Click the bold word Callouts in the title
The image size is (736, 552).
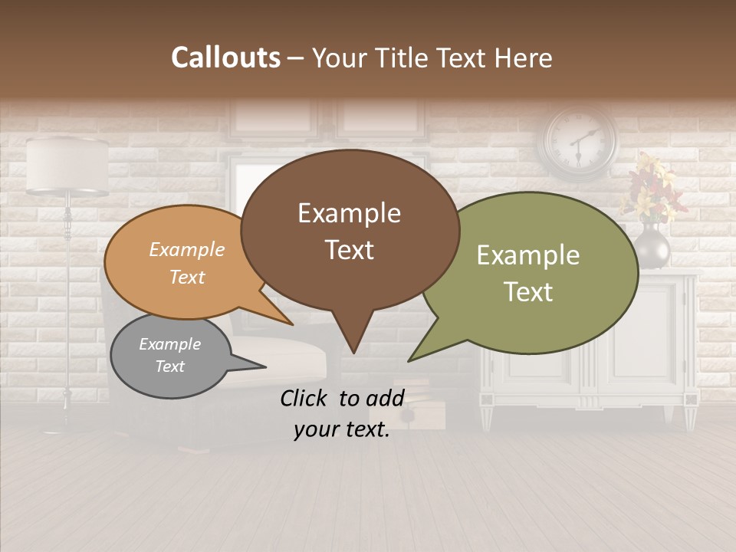225,58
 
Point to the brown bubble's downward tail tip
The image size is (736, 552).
353,352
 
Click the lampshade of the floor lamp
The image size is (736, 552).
67,165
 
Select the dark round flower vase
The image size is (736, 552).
652,247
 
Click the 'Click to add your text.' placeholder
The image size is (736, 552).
342,413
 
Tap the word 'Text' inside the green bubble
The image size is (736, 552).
528,291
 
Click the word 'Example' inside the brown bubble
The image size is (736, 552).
349,213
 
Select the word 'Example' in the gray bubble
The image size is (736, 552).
169,344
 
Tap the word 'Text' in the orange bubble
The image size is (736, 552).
187,277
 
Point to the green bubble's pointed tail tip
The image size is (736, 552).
409,360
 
